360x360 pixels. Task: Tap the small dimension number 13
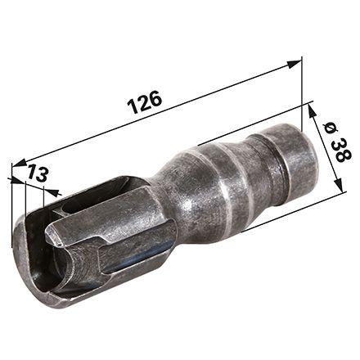pos(38,173)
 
